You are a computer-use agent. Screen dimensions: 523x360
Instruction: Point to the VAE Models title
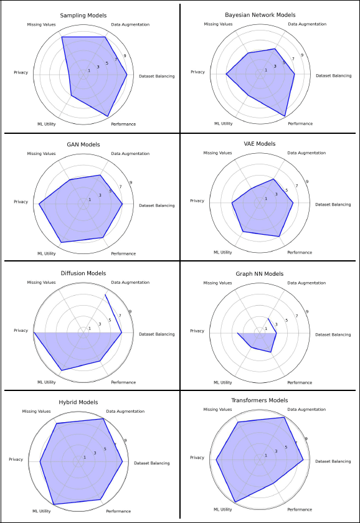(x=259, y=144)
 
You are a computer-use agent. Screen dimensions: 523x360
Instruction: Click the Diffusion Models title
(x=83, y=273)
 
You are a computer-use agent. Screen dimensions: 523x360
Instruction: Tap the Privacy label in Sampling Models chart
(x=21, y=73)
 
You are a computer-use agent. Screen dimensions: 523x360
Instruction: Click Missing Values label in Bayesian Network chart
(x=218, y=24)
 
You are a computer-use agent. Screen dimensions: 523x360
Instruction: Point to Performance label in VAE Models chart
(x=300, y=253)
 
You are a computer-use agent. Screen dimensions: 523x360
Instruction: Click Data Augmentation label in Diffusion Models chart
(x=130, y=283)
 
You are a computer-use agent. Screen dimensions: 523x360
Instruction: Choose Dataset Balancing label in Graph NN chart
(x=333, y=334)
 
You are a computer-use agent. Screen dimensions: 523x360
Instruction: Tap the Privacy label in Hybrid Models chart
(x=16, y=459)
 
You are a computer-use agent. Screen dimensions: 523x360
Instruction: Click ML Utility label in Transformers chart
(x=223, y=509)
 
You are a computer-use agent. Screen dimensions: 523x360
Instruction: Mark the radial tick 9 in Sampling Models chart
(x=125, y=56)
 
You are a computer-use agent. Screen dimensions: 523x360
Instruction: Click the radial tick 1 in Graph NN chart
(x=266, y=329)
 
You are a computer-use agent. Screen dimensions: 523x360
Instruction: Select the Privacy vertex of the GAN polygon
(x=39, y=204)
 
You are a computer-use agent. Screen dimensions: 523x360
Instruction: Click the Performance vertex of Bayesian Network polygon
(x=285, y=116)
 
